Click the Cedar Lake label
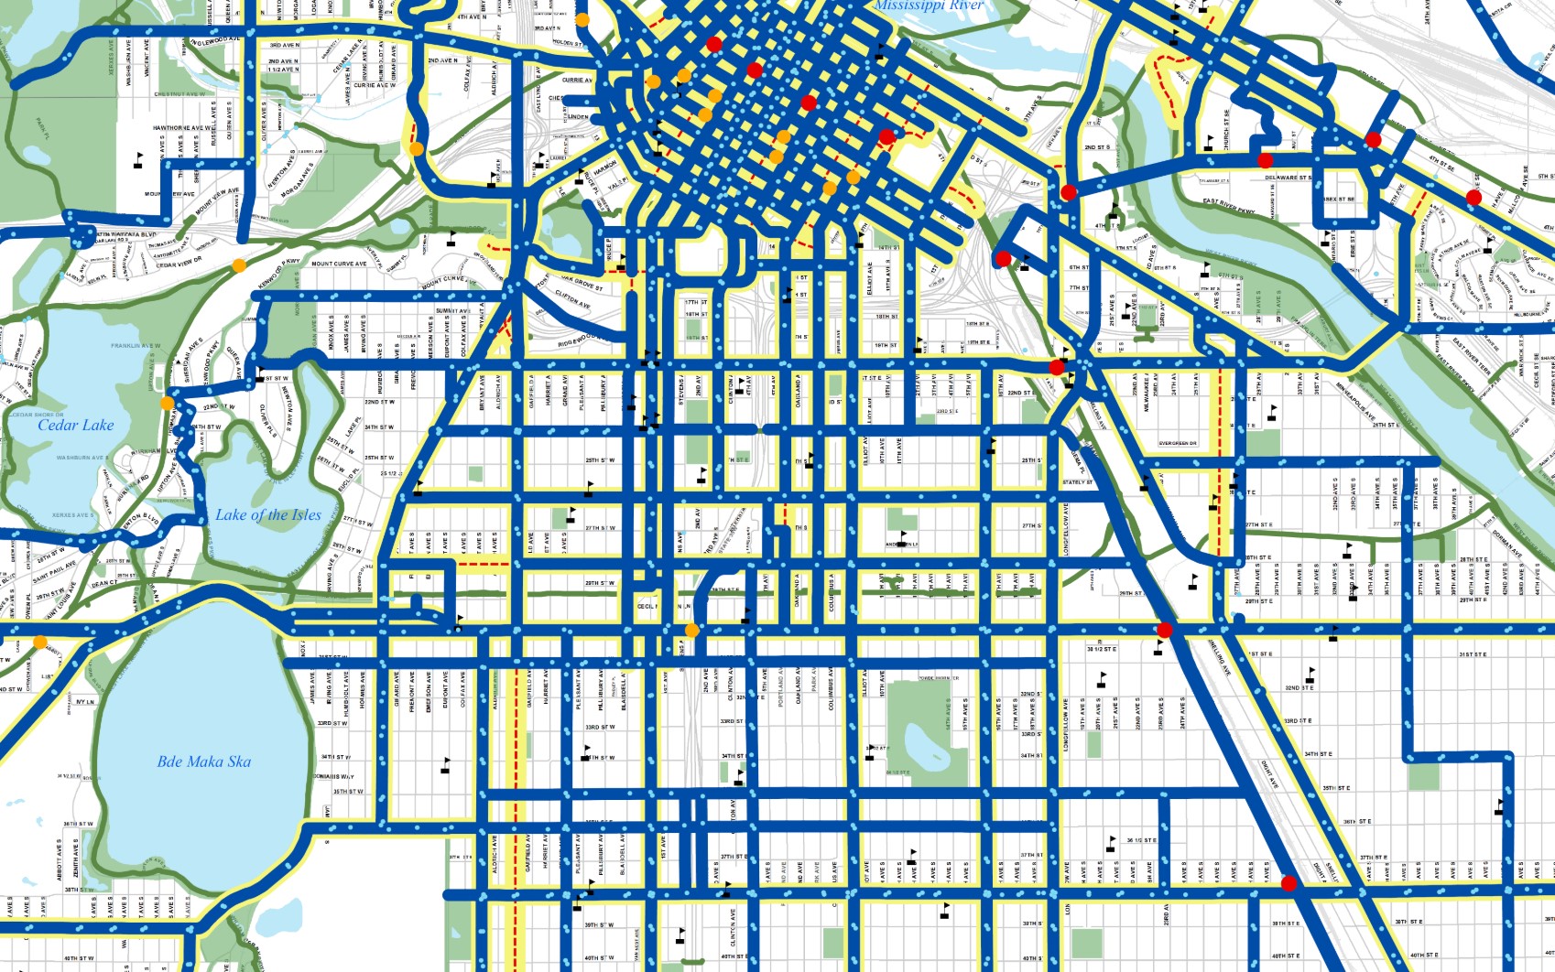coord(76,425)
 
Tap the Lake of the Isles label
coord(268,514)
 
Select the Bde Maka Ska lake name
coord(203,761)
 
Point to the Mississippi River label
coord(928,5)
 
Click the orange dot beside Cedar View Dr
coord(239,265)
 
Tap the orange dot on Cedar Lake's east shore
coord(167,404)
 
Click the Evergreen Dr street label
coord(1178,443)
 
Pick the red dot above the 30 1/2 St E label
coord(1165,630)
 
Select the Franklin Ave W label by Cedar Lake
coord(136,346)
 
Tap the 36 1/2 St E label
coord(1141,839)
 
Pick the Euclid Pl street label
coord(347,477)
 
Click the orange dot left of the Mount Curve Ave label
coord(239,265)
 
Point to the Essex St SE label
coord(1338,199)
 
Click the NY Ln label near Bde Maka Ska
coord(84,702)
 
